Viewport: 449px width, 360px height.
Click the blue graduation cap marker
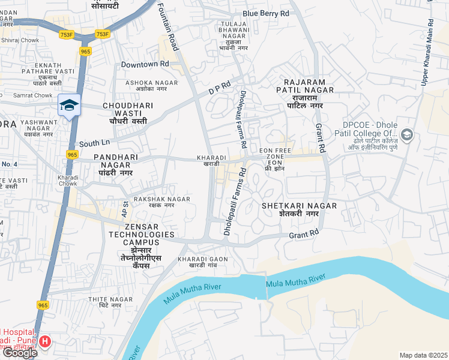70,105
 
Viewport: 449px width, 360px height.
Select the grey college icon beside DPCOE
408,134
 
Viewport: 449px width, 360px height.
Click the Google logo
20,353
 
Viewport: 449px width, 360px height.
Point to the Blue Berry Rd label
266,13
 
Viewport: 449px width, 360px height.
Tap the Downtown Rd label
145,64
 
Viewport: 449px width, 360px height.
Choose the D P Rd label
219,88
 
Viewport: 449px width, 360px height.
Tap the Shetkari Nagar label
299,209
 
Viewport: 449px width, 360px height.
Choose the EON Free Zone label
274,158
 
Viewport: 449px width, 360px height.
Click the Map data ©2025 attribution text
423,355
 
